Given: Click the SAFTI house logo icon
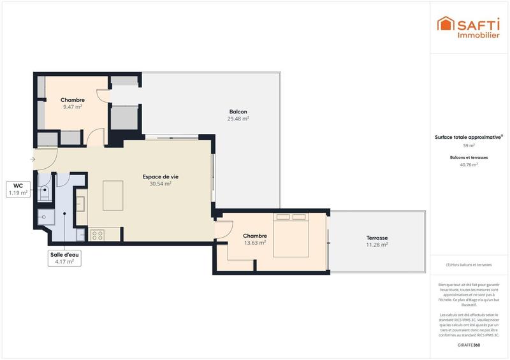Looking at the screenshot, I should pyautogui.click(x=444, y=24).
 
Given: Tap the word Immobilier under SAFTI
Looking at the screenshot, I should pyautogui.click(x=478, y=35).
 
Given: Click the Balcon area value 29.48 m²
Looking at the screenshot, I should pyautogui.click(x=238, y=119).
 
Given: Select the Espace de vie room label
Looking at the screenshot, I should pyautogui.click(x=160, y=176).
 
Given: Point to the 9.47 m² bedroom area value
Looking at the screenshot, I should pyautogui.click(x=73, y=107).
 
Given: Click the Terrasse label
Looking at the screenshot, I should pyautogui.click(x=377, y=237).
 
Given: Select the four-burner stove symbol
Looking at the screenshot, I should pyautogui.click(x=98, y=235).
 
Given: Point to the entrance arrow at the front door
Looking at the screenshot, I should pyautogui.click(x=33, y=159).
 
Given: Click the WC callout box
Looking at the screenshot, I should pyautogui.click(x=18, y=189).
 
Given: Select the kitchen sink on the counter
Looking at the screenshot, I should pyautogui.click(x=81, y=204).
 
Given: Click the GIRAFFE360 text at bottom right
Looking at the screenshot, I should pyautogui.click(x=469, y=345).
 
